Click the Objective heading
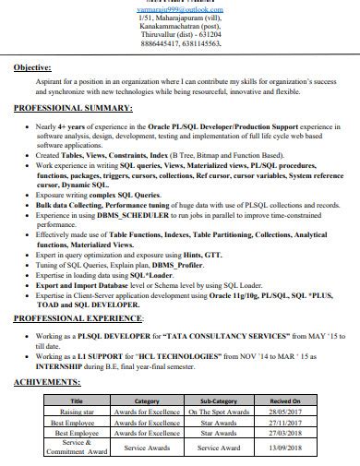(32, 67)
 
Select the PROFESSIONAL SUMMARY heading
(73, 108)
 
